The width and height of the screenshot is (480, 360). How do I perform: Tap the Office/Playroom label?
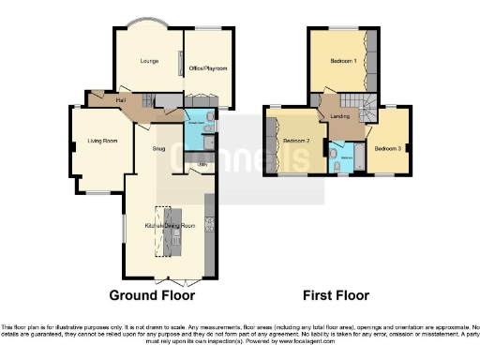(207, 68)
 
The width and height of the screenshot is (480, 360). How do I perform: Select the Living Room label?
(102, 141)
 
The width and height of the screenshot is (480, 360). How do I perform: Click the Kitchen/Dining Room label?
(169, 227)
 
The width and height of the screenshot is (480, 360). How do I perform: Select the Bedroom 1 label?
(342, 62)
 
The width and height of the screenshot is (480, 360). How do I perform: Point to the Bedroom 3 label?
(387, 148)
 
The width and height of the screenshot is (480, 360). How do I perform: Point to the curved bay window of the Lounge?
(147, 22)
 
